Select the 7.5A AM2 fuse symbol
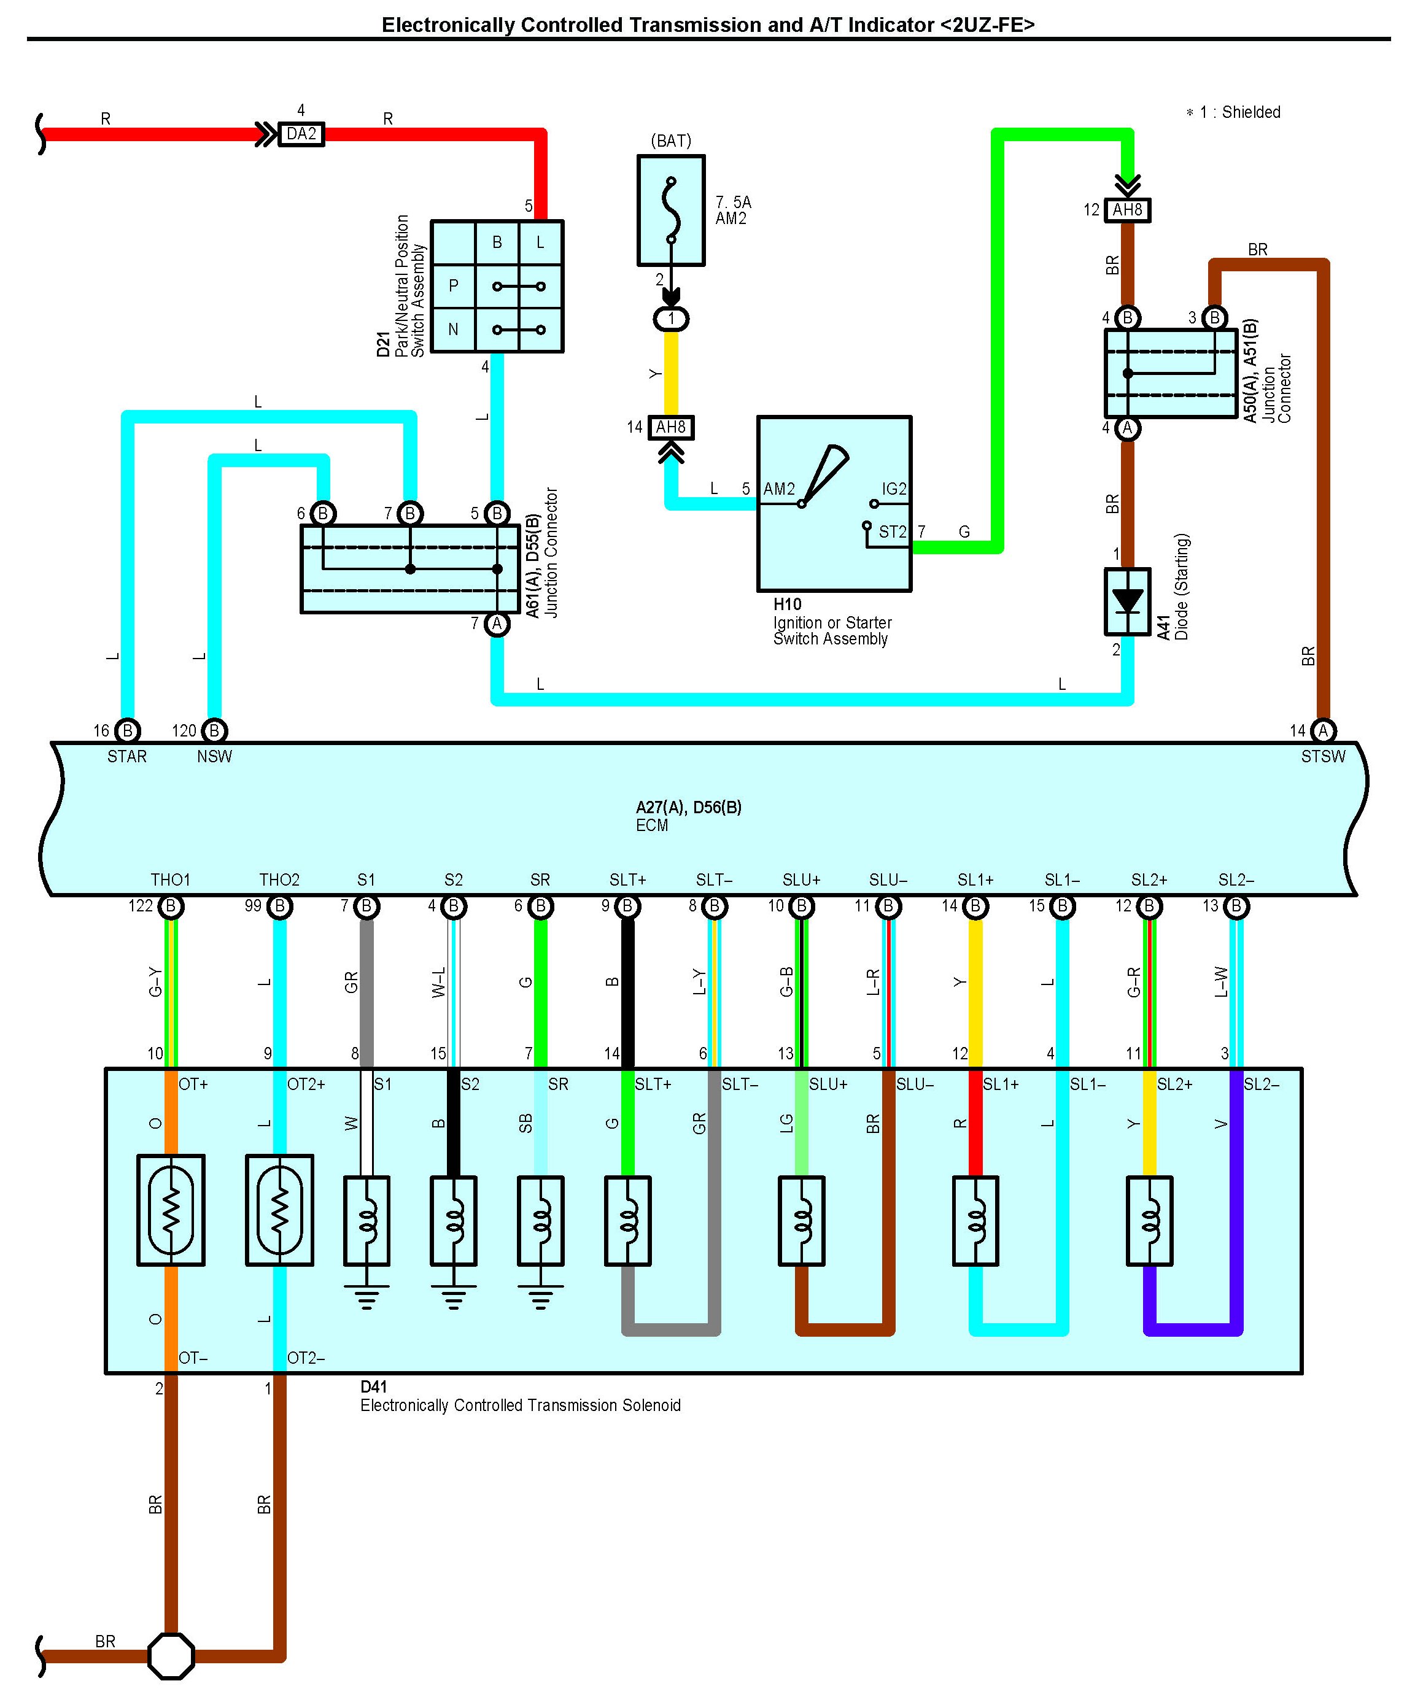tap(671, 210)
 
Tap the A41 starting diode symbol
tap(1127, 601)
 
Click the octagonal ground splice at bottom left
tap(171, 1656)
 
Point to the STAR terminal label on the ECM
tap(127, 756)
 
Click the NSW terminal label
tap(214, 756)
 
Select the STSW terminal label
tap(1323, 756)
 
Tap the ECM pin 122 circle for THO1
tap(171, 906)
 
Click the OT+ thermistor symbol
tap(171, 1210)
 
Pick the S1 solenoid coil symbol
tap(367, 1220)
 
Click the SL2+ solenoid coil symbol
tap(1149, 1220)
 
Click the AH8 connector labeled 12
tap(1127, 210)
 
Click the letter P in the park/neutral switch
tap(453, 285)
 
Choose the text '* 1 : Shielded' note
tap(1233, 112)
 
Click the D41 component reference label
tap(373, 1386)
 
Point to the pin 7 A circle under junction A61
tap(497, 624)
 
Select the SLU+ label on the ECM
tap(801, 879)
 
